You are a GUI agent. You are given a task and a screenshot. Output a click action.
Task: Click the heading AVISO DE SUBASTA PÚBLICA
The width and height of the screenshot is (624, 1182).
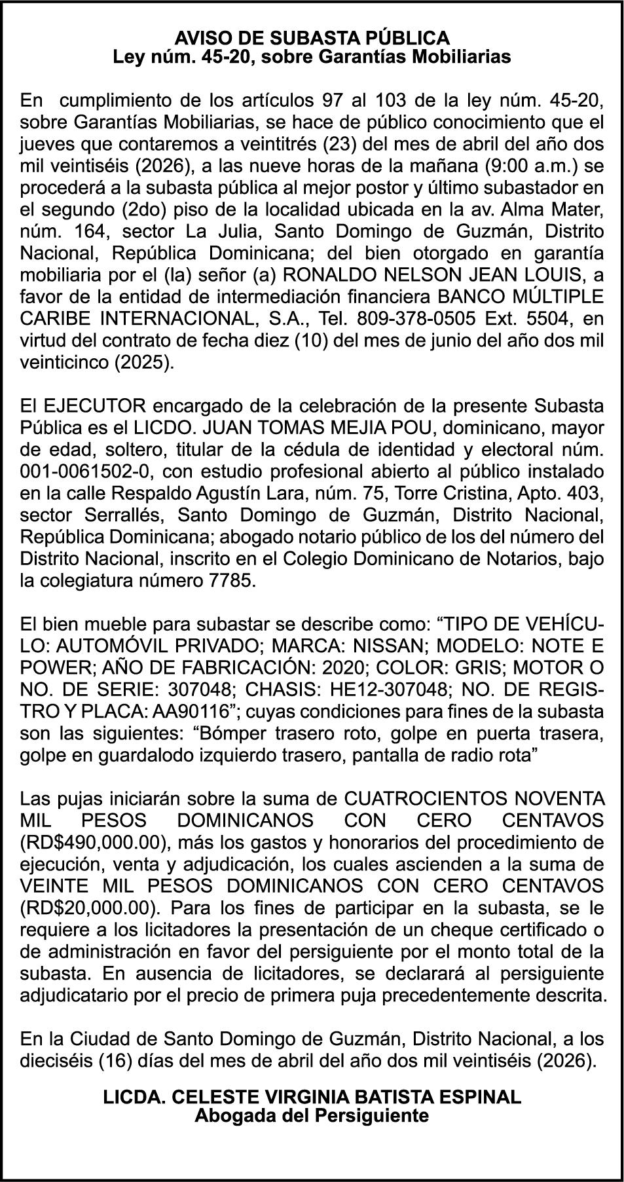click(x=312, y=37)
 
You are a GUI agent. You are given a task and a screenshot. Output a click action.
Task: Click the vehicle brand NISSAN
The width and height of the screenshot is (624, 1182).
click(x=389, y=645)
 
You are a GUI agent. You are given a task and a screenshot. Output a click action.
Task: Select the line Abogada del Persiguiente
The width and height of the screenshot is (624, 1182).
click(x=312, y=1115)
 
